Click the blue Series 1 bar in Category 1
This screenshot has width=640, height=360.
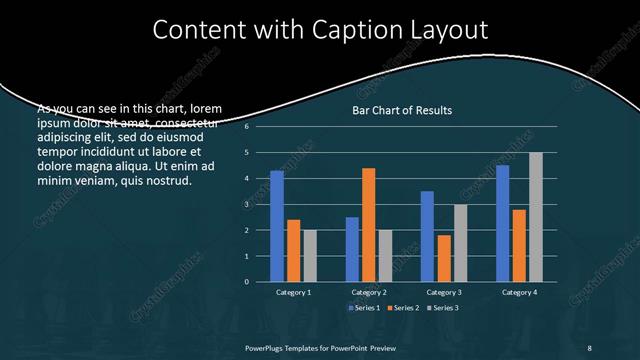[277, 226]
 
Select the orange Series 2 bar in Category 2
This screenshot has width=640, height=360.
[368, 225]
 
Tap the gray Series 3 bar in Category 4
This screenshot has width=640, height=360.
[536, 217]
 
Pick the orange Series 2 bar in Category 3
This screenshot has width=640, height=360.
[444, 258]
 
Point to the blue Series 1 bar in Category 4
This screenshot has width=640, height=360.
[502, 223]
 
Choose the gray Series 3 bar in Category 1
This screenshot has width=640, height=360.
[310, 256]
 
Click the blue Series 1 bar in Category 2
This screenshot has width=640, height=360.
[352, 249]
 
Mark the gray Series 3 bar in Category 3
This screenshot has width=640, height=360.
[460, 243]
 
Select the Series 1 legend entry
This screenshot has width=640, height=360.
[364, 307]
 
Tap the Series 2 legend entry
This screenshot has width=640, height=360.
[404, 307]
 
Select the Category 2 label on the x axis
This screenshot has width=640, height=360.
[369, 292]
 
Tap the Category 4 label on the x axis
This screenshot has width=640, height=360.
[519, 292]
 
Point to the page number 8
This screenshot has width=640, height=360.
[589, 346]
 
